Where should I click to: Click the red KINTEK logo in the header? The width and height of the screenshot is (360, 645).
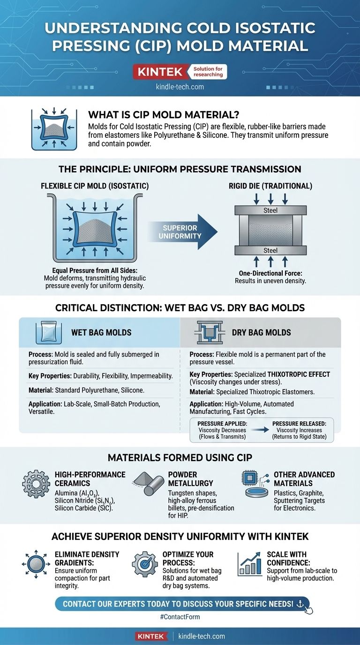click(x=161, y=72)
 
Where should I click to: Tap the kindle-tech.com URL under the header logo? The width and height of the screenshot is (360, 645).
click(x=180, y=87)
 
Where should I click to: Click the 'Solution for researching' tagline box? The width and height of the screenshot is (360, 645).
click(x=209, y=72)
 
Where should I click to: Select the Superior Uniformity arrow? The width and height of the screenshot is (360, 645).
click(x=183, y=231)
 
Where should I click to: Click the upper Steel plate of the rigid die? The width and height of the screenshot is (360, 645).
click(x=270, y=210)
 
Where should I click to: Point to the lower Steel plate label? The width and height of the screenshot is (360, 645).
click(x=270, y=251)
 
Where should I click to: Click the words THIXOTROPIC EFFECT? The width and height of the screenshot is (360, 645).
click(x=299, y=374)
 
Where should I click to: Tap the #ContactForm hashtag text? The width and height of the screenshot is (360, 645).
click(x=180, y=617)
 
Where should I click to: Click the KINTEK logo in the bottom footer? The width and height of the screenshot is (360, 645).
click(x=151, y=636)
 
